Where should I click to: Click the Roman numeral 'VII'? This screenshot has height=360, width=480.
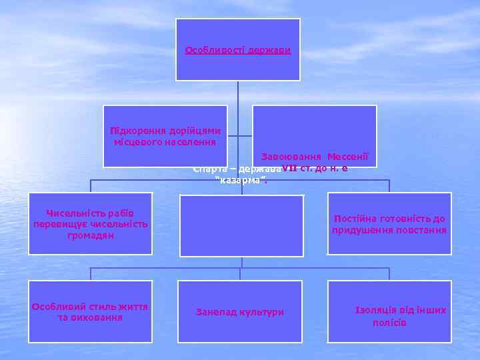pos(290,167)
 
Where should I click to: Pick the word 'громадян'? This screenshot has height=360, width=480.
pos(90,235)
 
